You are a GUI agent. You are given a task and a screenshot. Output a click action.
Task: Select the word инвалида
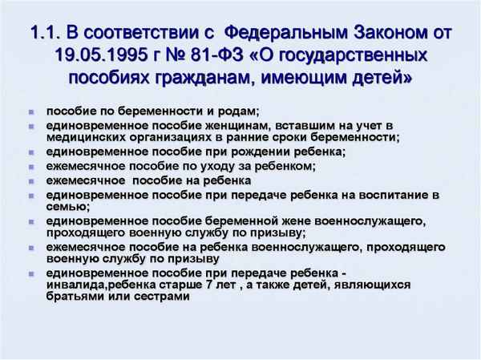point(78,284)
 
